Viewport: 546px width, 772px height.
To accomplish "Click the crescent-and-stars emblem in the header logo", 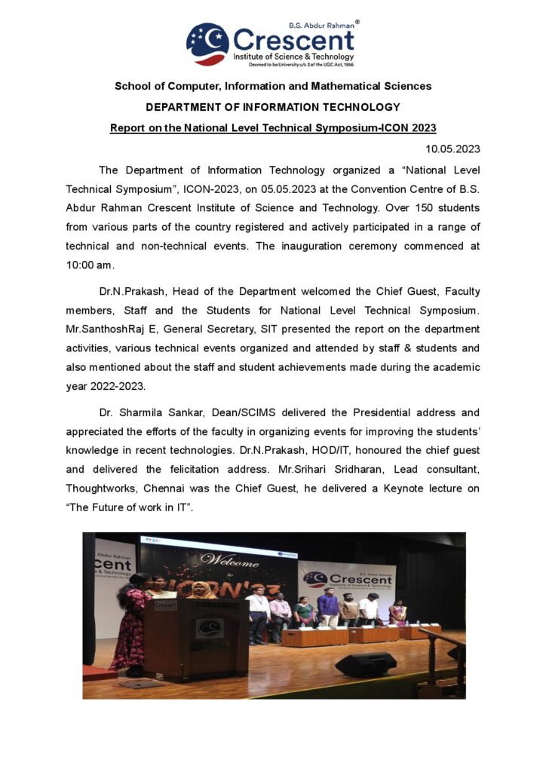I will [x=207, y=44].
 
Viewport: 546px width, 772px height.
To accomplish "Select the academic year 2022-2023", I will [x=126, y=386].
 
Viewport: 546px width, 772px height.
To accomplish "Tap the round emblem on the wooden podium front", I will [x=209, y=629].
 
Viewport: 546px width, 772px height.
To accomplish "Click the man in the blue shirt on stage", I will [x=328, y=607].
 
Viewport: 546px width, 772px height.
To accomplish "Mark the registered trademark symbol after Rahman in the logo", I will [x=357, y=23].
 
